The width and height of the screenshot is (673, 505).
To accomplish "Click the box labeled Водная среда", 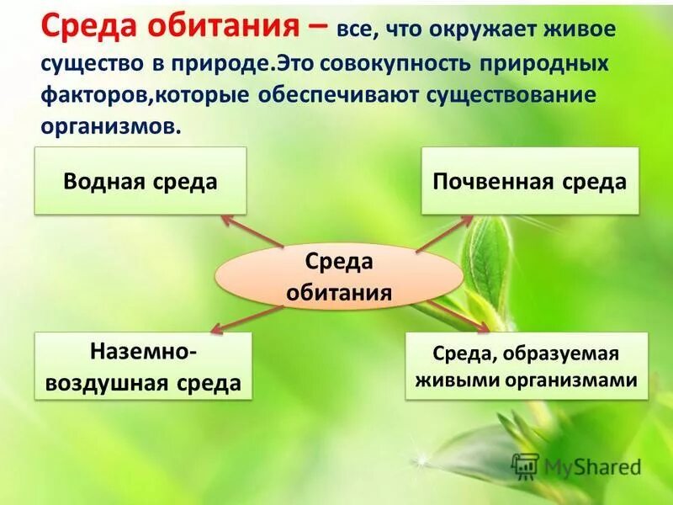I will [140, 181].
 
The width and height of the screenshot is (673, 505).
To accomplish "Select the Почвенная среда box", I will [530, 181].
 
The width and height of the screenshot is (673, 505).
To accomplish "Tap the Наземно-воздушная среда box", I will [143, 366].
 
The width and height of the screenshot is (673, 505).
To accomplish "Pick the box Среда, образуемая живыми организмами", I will [527, 366].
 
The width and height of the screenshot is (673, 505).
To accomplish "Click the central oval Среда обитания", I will [339, 276].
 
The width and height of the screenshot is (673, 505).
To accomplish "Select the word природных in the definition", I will [563, 64].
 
